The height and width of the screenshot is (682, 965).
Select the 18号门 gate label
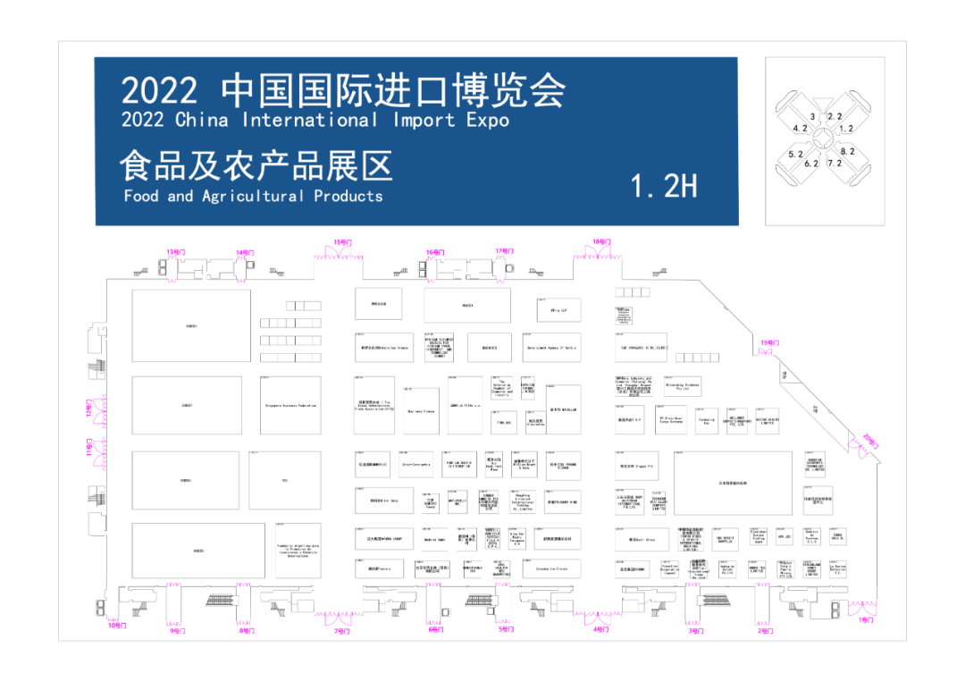point(601,242)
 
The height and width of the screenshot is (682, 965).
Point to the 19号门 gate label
point(769,342)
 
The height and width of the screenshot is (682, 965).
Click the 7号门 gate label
point(342,631)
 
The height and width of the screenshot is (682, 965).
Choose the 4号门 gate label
point(601,630)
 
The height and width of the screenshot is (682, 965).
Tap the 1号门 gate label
point(866,619)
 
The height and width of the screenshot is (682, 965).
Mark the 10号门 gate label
point(117,626)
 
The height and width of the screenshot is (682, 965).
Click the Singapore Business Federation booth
point(289,405)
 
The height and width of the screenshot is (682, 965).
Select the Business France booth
point(420,411)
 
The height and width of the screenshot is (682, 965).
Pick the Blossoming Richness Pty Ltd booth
point(681,386)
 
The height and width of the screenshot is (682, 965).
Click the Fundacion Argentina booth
point(298,550)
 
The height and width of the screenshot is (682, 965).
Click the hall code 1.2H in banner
point(663,186)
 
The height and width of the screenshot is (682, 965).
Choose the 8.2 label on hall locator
point(847,152)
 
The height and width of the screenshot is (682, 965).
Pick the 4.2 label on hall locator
point(800,129)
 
